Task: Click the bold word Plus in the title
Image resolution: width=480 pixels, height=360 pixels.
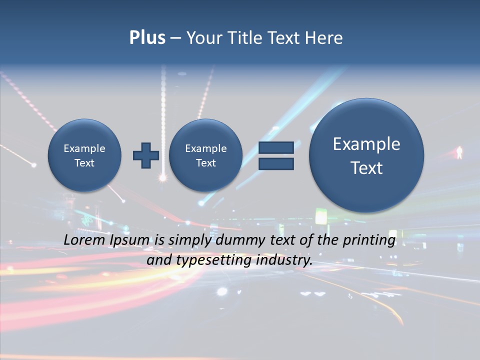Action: click(147, 38)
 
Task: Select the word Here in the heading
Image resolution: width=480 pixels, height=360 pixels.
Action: click(325, 38)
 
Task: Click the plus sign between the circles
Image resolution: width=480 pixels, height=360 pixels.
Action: click(146, 155)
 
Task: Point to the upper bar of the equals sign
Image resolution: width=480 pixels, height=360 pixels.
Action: click(276, 147)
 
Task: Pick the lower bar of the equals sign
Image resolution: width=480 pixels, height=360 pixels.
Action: click(276, 163)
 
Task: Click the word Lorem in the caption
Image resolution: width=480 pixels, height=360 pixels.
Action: click(84, 240)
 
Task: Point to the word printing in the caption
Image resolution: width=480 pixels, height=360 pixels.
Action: click(369, 240)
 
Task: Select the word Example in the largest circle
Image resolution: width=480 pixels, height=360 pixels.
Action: click(366, 144)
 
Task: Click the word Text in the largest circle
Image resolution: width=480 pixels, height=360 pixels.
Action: click(366, 168)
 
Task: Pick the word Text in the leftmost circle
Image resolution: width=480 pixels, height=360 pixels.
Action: click(84, 163)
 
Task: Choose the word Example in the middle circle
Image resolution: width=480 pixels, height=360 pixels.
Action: click(205, 148)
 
